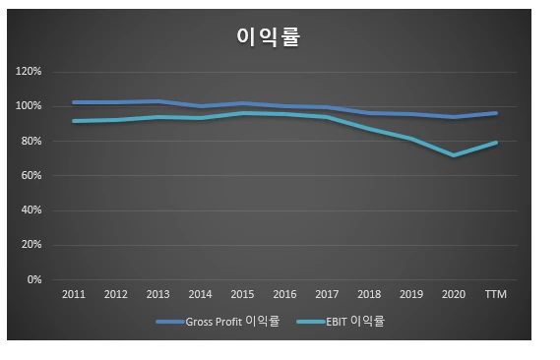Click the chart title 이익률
269,36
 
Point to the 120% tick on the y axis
29,72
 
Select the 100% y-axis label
29,106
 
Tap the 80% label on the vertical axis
31,141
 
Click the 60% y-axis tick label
31,175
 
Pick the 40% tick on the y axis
31,210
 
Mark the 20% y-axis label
31,244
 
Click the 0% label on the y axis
34,279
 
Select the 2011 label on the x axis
74,294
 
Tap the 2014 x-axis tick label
201,294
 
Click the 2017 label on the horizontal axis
327,294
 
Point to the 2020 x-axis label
454,294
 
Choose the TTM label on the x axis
496,294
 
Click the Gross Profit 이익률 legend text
232,322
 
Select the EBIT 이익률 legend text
355,322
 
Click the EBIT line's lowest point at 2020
454,155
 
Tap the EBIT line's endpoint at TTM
496,143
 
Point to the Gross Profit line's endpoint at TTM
496,113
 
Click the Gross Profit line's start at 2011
74,102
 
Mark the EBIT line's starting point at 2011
74,121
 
